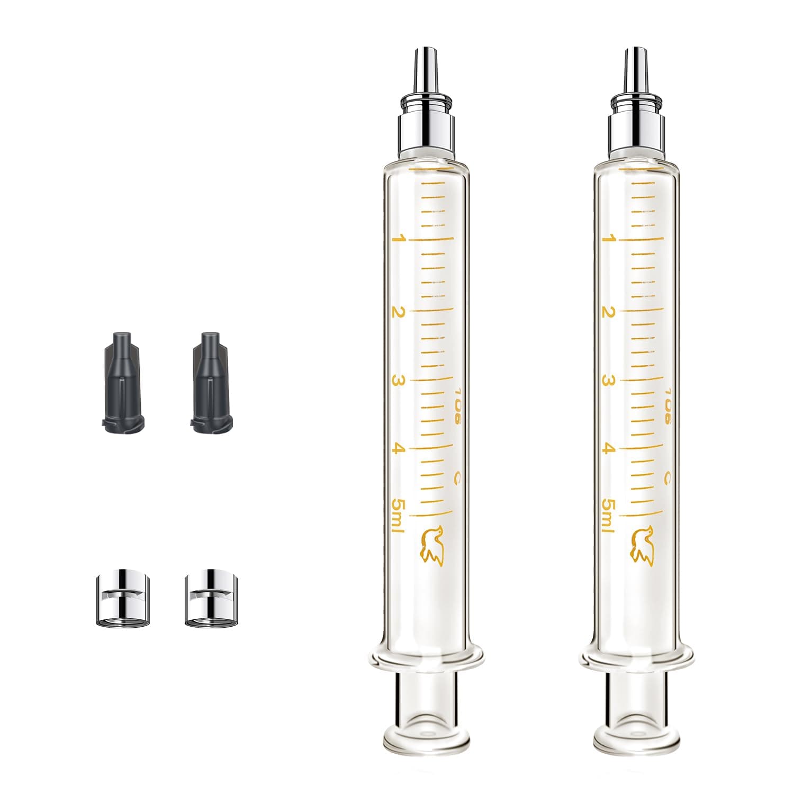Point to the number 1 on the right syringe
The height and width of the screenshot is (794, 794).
click(x=609, y=239)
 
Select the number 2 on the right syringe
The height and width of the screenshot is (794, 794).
click(x=609, y=312)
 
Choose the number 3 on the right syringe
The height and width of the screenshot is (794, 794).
click(x=609, y=380)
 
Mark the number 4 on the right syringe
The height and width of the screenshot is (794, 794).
click(x=609, y=449)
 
